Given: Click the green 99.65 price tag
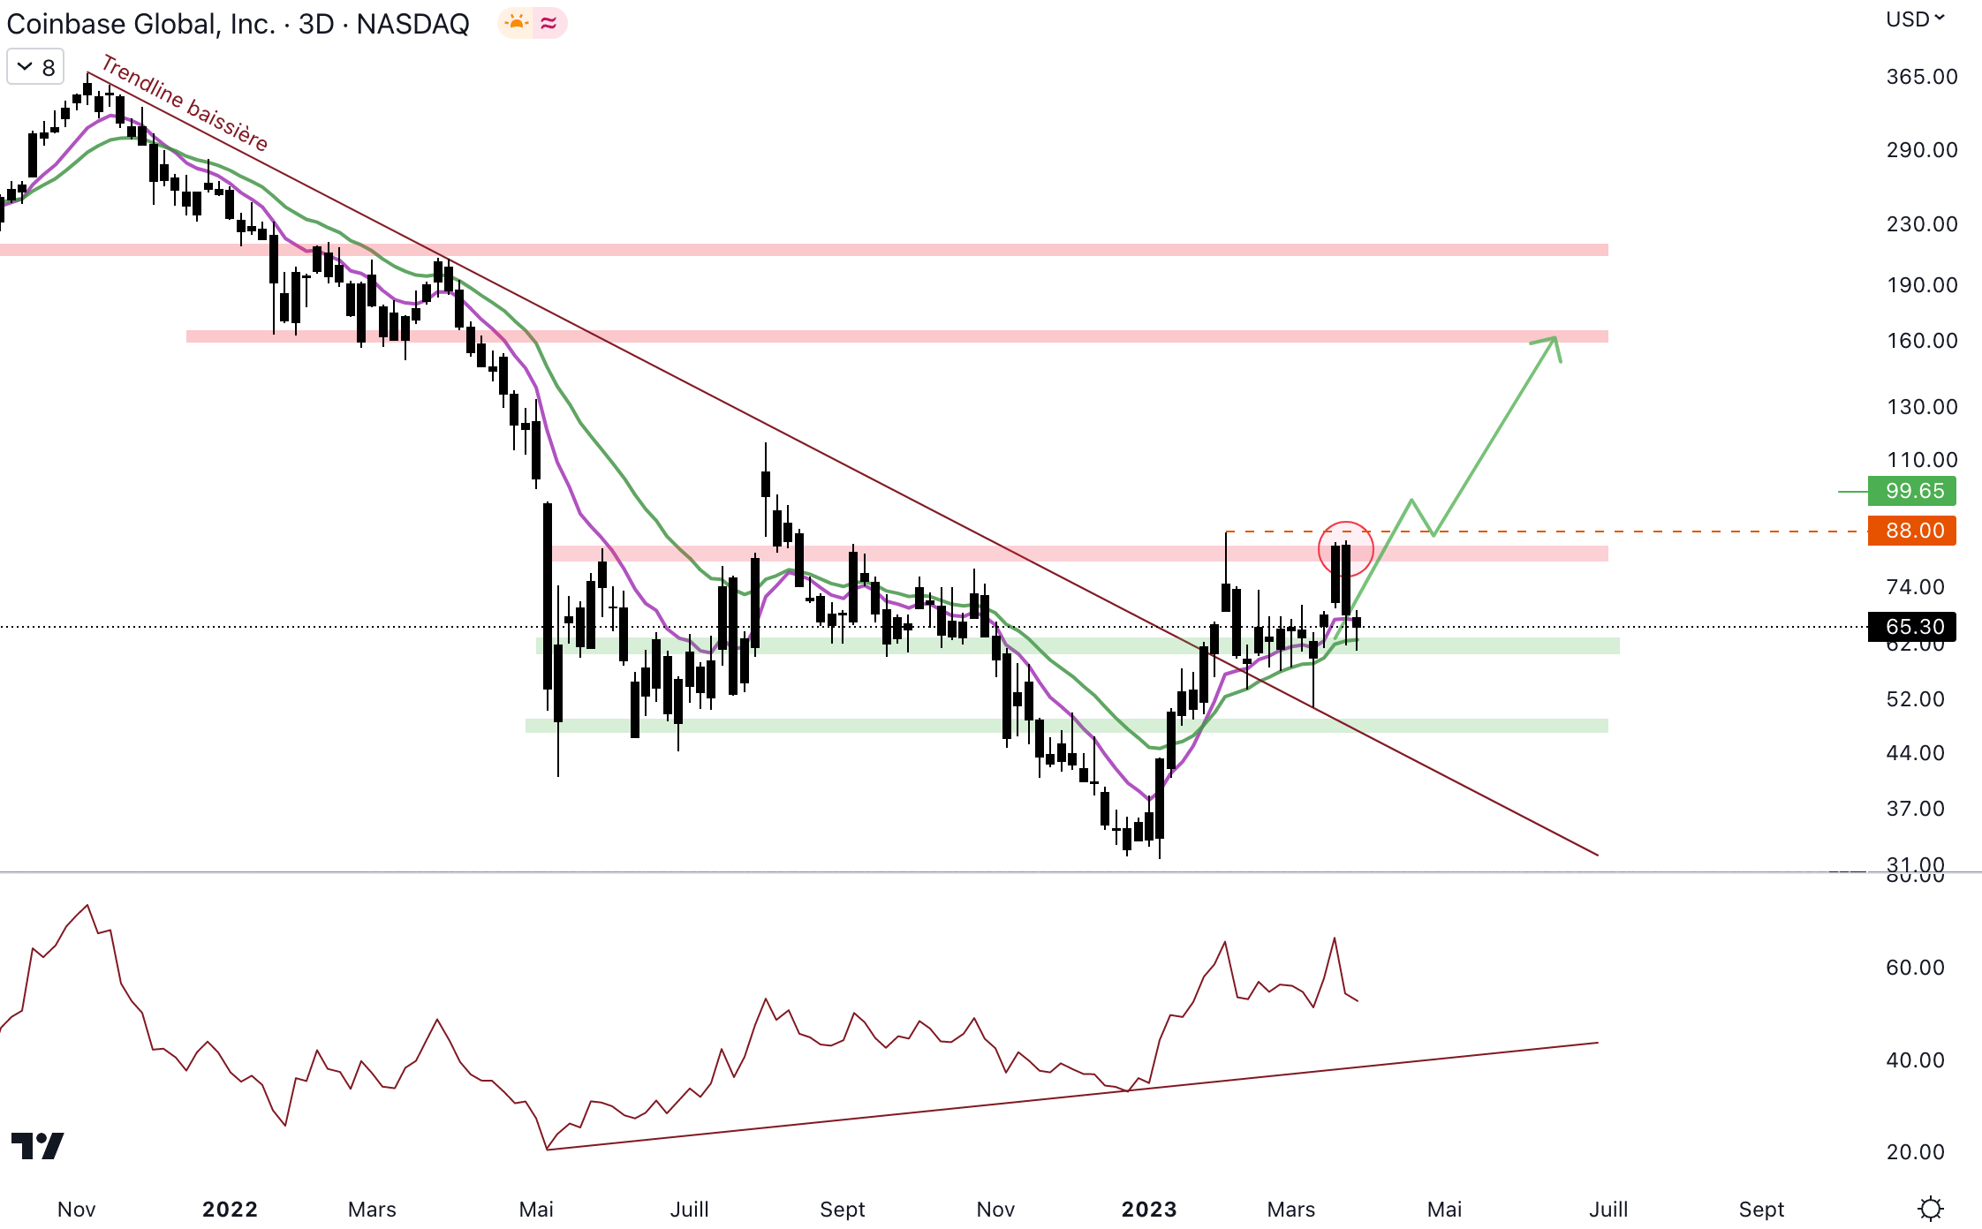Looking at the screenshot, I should pyautogui.click(x=1911, y=491).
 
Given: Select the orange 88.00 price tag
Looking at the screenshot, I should pyautogui.click(x=1911, y=531).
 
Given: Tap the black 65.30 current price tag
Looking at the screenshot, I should pyautogui.click(x=1911, y=627).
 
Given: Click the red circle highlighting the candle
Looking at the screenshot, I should pyautogui.click(x=1345, y=548).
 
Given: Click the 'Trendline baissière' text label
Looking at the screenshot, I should pyautogui.click(x=185, y=102).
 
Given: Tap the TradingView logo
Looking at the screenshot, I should pyautogui.click(x=37, y=1146).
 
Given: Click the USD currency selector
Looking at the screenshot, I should pyautogui.click(x=1915, y=19).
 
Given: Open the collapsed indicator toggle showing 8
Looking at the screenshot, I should pyautogui.click(x=35, y=67).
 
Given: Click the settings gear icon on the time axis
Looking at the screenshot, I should pyautogui.click(x=1931, y=1208).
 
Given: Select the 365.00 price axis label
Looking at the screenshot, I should pyautogui.click(x=1922, y=77).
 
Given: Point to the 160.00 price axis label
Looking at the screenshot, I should pyautogui.click(x=1922, y=341).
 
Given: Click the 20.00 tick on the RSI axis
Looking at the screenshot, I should pyautogui.click(x=1915, y=1152).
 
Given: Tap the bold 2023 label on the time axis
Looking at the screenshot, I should pyautogui.click(x=1149, y=1209).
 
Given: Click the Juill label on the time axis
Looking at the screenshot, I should pyautogui.click(x=689, y=1209).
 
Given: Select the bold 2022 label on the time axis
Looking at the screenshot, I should pyautogui.click(x=230, y=1209).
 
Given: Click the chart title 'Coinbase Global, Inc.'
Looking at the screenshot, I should pyautogui.click(x=140, y=24).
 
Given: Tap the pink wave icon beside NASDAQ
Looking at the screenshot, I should pyautogui.click(x=549, y=23).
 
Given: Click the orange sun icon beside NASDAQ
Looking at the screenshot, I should pyautogui.click(x=517, y=23).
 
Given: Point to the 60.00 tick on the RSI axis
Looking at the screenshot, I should pyautogui.click(x=1915, y=968).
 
